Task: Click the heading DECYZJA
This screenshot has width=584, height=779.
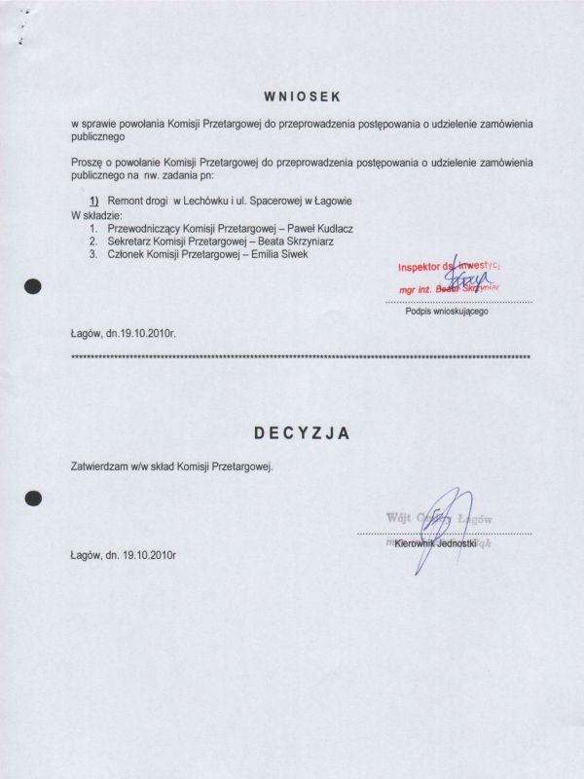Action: (303, 430)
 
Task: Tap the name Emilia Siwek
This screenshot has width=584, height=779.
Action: (287, 254)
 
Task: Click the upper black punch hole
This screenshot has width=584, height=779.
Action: (34, 287)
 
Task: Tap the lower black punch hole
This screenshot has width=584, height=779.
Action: (34, 497)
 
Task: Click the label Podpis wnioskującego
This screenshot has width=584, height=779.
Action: (447, 312)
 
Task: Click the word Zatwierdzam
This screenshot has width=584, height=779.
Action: (99, 465)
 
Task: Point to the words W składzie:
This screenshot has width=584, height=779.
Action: (96, 213)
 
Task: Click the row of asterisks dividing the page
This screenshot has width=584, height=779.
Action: (302, 357)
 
